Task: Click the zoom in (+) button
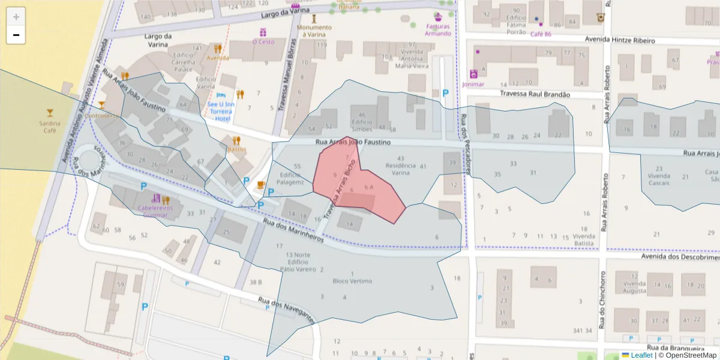click(16, 17)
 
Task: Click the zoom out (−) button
click(16, 35)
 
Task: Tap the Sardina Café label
click(49, 127)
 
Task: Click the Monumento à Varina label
click(314, 31)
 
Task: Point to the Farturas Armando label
click(438, 30)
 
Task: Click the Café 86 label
click(541, 34)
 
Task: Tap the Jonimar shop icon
click(473, 74)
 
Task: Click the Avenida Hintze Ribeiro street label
click(620, 40)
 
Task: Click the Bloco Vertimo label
click(352, 281)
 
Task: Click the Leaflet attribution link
click(641, 355)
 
